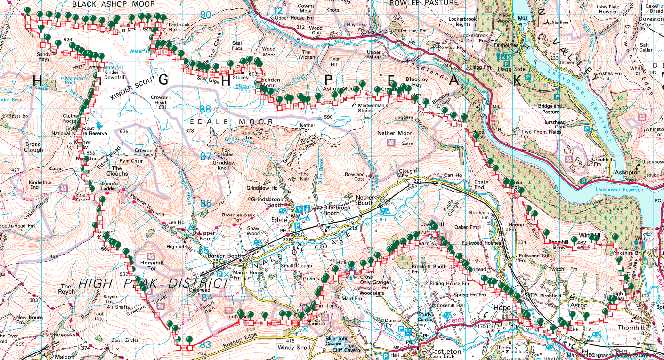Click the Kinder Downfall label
(114, 75)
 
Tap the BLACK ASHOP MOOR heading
(113, 4)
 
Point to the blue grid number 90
(205, 15)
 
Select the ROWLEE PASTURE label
(424, 3)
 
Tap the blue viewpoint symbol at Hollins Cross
(351, 272)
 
